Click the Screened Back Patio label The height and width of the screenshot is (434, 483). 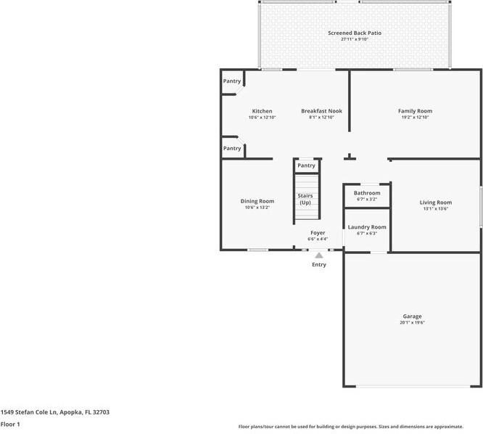tap(354, 33)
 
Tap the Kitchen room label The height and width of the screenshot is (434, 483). tap(262, 111)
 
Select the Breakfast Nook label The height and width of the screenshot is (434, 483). tap(321, 111)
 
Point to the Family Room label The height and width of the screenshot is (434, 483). tap(415, 111)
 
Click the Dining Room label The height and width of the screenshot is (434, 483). tap(257, 201)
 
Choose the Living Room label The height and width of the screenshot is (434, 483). tap(435, 202)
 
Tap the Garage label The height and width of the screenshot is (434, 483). tap(412, 316)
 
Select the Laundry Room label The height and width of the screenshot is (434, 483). tap(367, 227)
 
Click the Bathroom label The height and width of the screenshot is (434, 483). tap(367, 193)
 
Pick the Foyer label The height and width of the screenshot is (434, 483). tap(318, 232)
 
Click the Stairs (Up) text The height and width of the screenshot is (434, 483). tap(305, 199)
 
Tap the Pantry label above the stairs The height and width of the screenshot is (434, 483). tap(306, 165)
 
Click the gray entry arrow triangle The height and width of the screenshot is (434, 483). tap(318, 255)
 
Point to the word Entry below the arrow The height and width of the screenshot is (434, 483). tap(319, 265)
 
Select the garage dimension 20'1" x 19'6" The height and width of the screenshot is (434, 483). tap(412, 323)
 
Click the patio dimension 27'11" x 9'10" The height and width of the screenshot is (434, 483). tap(354, 39)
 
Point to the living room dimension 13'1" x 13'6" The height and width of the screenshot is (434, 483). tap(435, 209)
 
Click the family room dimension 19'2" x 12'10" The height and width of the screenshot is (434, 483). tap(415, 118)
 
